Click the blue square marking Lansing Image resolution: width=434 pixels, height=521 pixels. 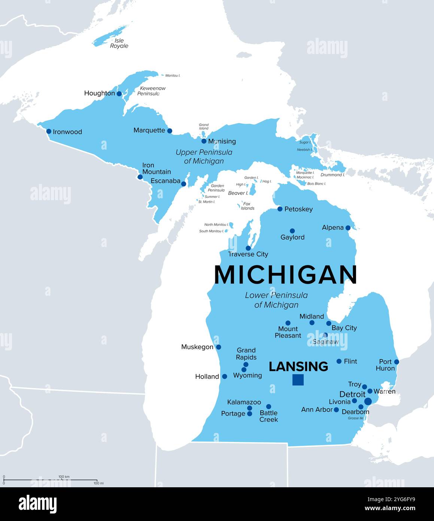tap(298, 380)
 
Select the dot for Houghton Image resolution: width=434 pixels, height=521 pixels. tap(119, 94)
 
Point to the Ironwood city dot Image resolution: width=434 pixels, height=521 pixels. tap(49, 131)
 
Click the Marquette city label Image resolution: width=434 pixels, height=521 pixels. tap(149, 130)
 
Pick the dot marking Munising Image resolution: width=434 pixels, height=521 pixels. tap(204, 141)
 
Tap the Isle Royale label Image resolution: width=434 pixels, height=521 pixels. tap(119, 43)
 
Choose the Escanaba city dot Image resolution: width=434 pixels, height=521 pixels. tap(183, 184)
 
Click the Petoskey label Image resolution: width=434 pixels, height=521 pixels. tap(298, 209)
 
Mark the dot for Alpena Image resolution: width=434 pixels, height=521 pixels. tap(348, 228)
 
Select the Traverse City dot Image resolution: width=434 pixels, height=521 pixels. tap(248, 248)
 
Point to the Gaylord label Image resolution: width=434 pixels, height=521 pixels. tap(292, 237)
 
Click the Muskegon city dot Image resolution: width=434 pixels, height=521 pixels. tap(218, 347)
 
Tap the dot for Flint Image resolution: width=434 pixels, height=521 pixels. tap(339, 361)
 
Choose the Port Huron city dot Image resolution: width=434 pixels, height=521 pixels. tap(397, 362)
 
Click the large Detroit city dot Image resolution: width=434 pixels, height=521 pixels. tap(368, 401)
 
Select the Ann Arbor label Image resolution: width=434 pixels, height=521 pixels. tap(317, 410)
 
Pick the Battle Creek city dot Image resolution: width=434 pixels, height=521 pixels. tap(268, 406)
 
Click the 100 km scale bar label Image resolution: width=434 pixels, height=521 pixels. tap(64, 477)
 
